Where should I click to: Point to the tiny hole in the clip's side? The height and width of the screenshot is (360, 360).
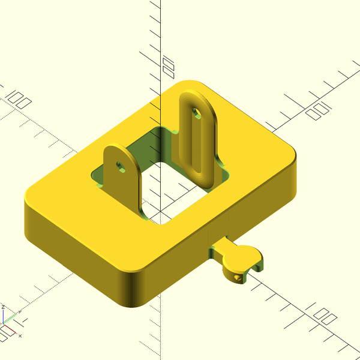tap(241, 277)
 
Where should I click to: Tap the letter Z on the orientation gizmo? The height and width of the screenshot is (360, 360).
tap(3, 307)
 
